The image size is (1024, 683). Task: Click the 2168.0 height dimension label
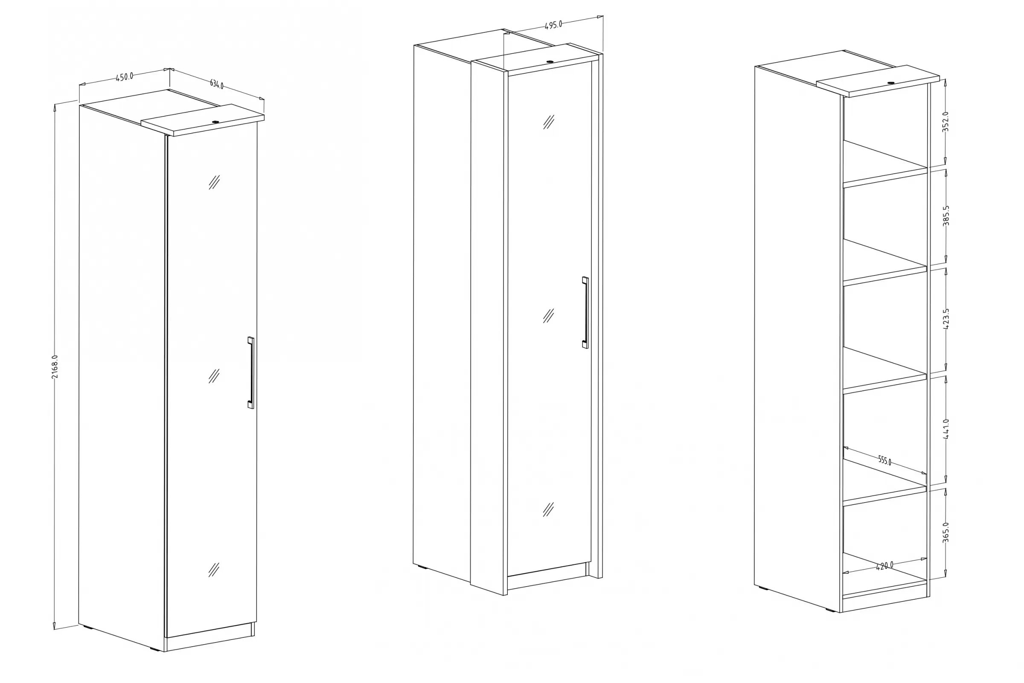(x=55, y=366)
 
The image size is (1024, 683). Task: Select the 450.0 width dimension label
(x=125, y=77)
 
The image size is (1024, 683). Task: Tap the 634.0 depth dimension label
(x=216, y=84)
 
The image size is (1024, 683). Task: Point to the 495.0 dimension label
(x=553, y=25)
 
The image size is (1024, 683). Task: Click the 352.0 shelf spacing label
(x=945, y=122)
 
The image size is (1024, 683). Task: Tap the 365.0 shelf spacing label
(x=945, y=532)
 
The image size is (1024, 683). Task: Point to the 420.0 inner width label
(x=884, y=566)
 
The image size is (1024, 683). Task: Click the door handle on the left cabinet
(x=250, y=372)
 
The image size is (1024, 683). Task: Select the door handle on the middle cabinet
(x=585, y=312)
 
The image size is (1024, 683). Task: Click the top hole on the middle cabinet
(x=550, y=62)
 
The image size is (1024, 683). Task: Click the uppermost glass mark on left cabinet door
(x=214, y=182)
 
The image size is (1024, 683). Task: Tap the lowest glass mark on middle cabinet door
(x=548, y=509)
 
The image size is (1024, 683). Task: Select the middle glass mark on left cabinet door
(x=214, y=376)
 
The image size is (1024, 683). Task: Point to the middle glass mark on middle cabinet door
(x=548, y=315)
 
